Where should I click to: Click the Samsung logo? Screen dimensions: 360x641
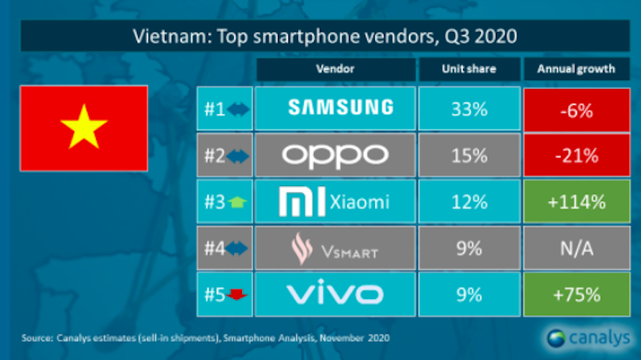point(336,107)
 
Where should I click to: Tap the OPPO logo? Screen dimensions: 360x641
point(336,154)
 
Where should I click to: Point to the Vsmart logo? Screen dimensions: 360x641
point(336,249)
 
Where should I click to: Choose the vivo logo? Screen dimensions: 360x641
point(336,294)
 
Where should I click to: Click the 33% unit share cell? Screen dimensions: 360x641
point(469,108)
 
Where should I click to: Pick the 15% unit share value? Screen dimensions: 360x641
point(469,155)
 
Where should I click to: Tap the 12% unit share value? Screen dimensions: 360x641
point(469,201)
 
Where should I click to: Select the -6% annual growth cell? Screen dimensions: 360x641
point(576,108)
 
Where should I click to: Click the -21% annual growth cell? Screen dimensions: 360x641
point(576,155)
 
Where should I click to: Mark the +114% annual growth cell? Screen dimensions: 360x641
point(576,201)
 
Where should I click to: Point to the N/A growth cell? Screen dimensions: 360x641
point(576,249)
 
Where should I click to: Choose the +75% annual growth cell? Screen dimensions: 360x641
point(576,294)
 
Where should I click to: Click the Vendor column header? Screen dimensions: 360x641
point(336,69)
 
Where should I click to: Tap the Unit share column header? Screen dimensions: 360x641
point(469,69)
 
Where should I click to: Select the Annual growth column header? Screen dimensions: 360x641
point(576,69)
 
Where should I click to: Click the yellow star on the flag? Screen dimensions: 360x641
point(83,129)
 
